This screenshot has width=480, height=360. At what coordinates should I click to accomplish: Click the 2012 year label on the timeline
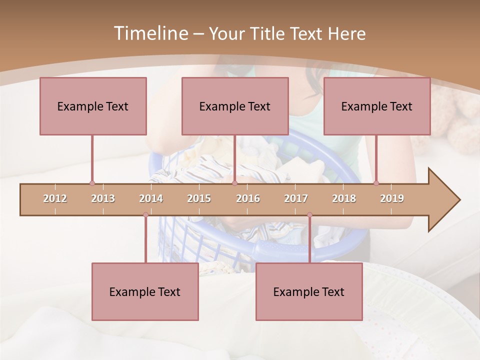click(x=55, y=198)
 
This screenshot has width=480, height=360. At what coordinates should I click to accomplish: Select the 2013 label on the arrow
click(x=103, y=198)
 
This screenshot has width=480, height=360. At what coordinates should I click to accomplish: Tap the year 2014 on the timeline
click(x=151, y=198)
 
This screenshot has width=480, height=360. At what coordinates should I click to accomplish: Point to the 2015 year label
click(x=199, y=198)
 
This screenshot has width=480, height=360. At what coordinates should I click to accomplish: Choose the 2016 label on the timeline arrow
click(x=248, y=198)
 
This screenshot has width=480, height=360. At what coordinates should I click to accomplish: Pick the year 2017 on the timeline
click(x=296, y=198)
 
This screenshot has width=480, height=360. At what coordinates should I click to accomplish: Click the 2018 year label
click(x=344, y=198)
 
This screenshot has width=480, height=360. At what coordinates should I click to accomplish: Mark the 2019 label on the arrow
click(x=392, y=198)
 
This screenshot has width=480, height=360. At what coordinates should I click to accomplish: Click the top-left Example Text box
click(x=93, y=106)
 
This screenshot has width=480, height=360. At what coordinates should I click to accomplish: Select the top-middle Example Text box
click(x=235, y=106)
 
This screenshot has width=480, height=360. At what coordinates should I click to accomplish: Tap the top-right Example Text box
click(x=377, y=106)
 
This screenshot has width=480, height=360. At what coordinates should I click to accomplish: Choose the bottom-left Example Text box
click(x=145, y=291)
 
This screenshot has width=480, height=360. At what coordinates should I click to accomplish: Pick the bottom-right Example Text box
click(x=309, y=291)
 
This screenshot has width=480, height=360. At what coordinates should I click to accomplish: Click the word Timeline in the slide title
click(x=150, y=33)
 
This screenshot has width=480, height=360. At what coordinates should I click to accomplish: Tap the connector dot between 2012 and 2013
click(x=92, y=183)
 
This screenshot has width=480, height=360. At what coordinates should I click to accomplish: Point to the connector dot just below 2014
click(x=145, y=215)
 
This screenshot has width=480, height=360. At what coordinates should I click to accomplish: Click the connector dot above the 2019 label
click(x=376, y=183)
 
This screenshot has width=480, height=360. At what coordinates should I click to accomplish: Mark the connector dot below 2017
click(x=309, y=215)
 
